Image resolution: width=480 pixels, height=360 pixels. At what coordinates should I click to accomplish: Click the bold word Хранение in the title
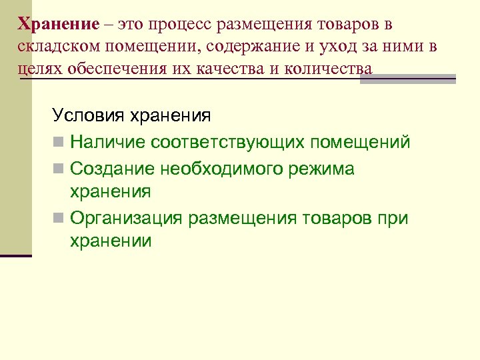click(58, 25)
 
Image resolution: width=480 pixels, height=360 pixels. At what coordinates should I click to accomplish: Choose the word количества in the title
click(329, 69)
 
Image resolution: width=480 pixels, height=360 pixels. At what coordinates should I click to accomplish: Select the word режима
click(331, 169)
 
